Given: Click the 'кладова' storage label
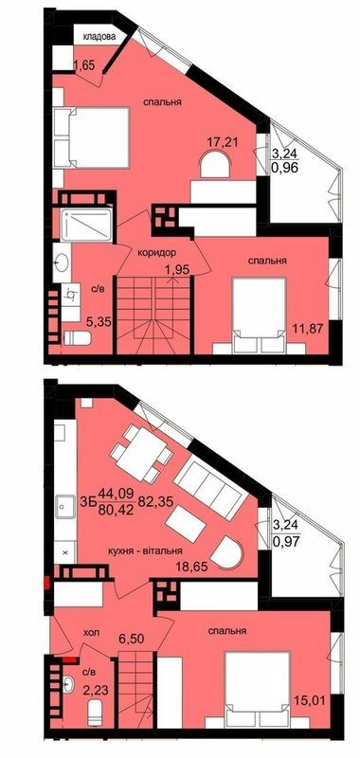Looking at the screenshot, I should click(99, 38).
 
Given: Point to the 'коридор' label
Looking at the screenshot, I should click(155, 253).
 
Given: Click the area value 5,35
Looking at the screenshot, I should click(99, 321).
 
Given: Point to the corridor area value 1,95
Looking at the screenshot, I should click(175, 271).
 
